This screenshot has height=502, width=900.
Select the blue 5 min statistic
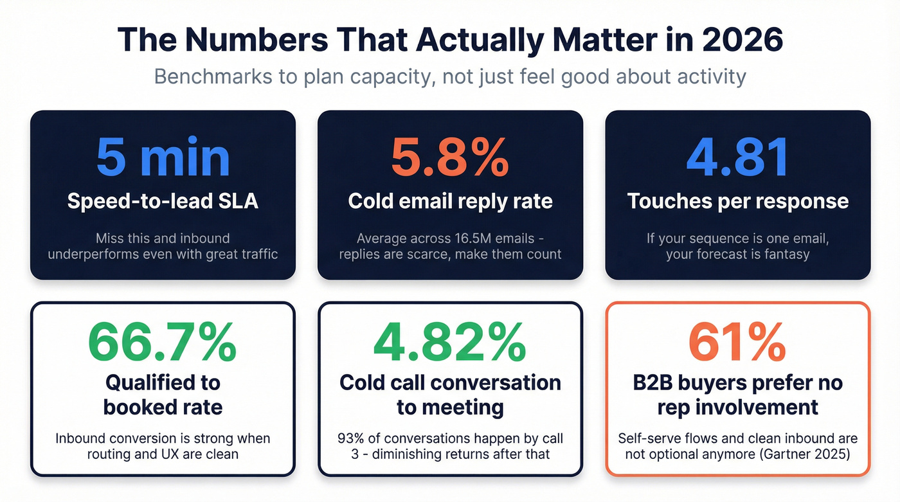[x=163, y=157]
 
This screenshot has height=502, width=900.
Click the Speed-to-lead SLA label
[x=163, y=201]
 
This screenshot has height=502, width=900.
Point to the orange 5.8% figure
[x=450, y=157]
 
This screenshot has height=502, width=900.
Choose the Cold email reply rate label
[x=450, y=201]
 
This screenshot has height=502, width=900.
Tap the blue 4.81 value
[x=737, y=157]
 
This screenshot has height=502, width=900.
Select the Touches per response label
[x=737, y=201]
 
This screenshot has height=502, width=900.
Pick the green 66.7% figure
[x=163, y=342]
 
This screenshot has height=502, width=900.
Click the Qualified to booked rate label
[x=163, y=395]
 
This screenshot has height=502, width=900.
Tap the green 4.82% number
[x=450, y=342]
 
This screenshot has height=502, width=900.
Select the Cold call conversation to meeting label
[x=450, y=395]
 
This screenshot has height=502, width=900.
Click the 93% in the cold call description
[x=350, y=439]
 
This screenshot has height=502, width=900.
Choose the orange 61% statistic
[x=737, y=342]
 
